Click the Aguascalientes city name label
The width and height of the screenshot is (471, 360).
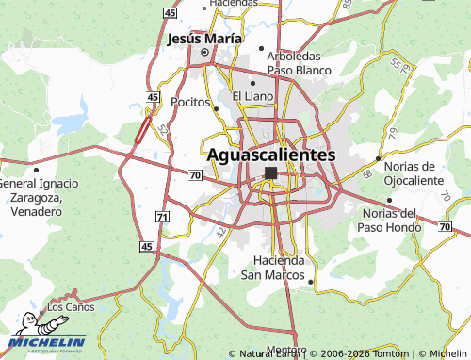tap(270, 154)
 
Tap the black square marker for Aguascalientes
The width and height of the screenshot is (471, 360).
tap(271, 173)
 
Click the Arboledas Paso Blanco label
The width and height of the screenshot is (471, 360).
tap(299, 62)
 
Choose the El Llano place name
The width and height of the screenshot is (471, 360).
tap(252, 96)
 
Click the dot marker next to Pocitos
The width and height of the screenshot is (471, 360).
tap(217, 108)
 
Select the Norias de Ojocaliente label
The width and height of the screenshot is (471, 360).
tap(414, 172)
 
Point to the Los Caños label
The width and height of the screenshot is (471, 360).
tap(71, 307)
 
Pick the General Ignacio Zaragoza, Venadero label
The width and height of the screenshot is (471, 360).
tap(31, 197)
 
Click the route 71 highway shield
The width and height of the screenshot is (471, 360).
tap(162, 217)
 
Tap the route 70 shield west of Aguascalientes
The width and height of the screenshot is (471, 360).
tap(194, 174)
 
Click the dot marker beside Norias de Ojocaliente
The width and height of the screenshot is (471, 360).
tap(379, 158)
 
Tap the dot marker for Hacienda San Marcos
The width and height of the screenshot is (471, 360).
tap(311, 279)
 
